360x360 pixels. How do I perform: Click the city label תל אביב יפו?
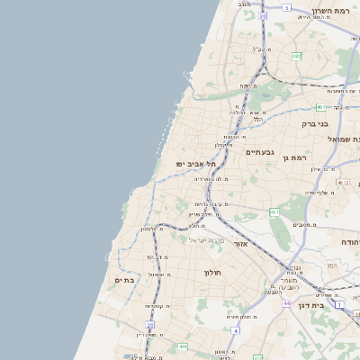click(x=193, y=164)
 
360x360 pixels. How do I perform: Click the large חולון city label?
click(x=212, y=272)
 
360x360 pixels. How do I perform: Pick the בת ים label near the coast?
click(x=125, y=280)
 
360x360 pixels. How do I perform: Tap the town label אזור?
click(x=240, y=244)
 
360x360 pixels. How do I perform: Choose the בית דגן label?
click(x=310, y=305)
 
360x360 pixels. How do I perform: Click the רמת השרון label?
click(x=335, y=13)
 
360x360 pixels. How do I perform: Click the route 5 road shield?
click(x=286, y=7)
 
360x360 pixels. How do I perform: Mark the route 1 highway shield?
click(x=339, y=305)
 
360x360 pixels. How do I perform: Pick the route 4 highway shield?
click(x=236, y=331)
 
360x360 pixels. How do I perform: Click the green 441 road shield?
click(x=183, y=346)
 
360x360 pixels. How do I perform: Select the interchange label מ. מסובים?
click(x=304, y=224)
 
